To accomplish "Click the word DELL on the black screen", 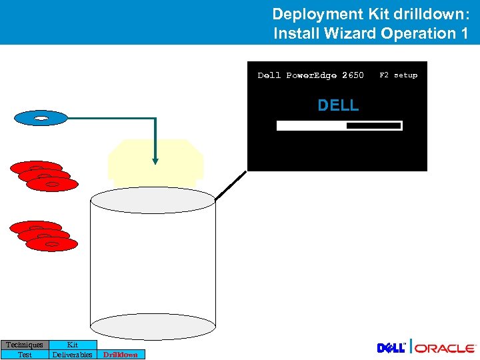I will coord(338,105).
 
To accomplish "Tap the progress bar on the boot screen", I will coord(339,125).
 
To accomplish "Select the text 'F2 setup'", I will coord(398,75).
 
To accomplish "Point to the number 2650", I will coord(353,75).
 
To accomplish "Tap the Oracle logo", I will coord(446,348).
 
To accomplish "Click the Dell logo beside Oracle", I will coord(391,348).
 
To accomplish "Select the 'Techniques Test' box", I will coord(25,349).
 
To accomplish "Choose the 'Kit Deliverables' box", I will coord(73,349).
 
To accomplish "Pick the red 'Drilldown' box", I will coord(121,355).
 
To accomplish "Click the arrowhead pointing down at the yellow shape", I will coord(155,160).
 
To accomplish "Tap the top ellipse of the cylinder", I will coord(153,199).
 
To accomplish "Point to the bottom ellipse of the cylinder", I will coord(153,327).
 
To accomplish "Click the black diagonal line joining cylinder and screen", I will coord(231,185).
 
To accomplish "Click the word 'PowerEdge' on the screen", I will coord(311,75).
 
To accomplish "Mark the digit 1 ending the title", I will coord(464,33).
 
